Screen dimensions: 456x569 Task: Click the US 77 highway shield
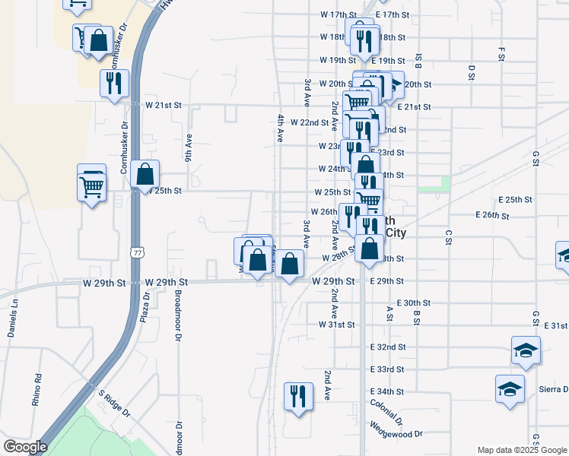pyautogui.click(x=137, y=252)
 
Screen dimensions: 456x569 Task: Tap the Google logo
pyautogui.click(x=24, y=447)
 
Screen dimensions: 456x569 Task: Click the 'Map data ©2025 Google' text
pyautogui.click(x=522, y=450)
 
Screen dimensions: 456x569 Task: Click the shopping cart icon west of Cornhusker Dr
pyautogui.click(x=92, y=183)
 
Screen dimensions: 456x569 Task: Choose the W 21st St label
pyautogui.click(x=164, y=104)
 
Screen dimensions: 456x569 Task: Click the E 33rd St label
pyautogui.click(x=387, y=369)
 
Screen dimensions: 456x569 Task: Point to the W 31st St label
pyautogui.click(x=336, y=325)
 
